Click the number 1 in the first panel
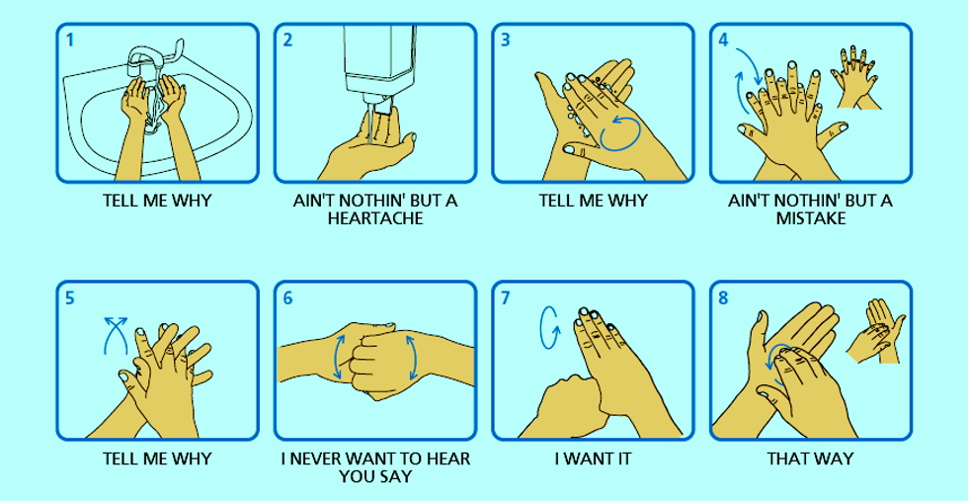70,41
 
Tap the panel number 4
724,41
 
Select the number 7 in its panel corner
506,298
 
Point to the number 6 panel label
287,298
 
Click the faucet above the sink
153,54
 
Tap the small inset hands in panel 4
861,76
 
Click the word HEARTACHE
375,218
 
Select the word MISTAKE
811,218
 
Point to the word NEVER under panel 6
327,459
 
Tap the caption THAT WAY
810,459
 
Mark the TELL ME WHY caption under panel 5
157,459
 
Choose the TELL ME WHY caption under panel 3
593,201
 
